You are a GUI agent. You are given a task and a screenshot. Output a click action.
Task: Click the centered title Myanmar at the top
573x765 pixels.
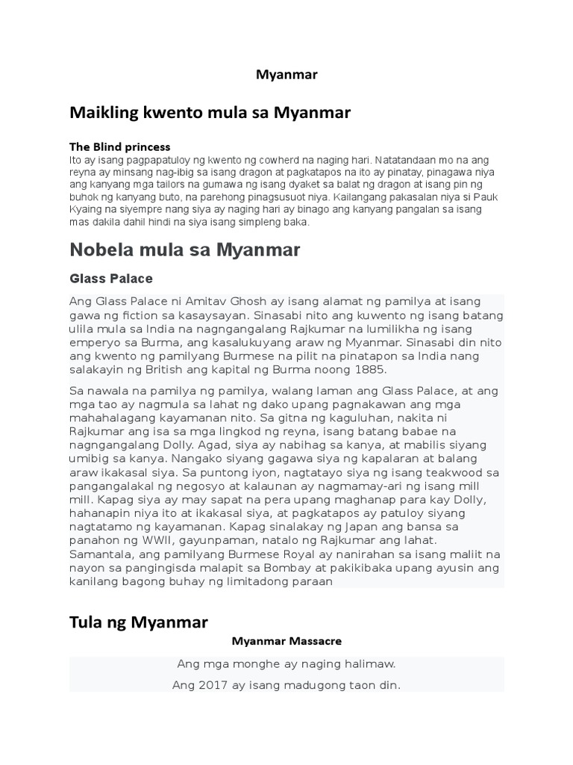click(286, 75)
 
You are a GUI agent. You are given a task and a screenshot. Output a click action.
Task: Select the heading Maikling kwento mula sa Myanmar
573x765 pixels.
click(210, 113)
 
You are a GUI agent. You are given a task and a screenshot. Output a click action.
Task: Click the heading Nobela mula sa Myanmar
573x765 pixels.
click(184, 250)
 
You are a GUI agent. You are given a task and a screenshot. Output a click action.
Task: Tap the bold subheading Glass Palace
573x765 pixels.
click(110, 279)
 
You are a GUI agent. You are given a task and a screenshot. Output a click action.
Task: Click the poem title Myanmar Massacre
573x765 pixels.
click(286, 641)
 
